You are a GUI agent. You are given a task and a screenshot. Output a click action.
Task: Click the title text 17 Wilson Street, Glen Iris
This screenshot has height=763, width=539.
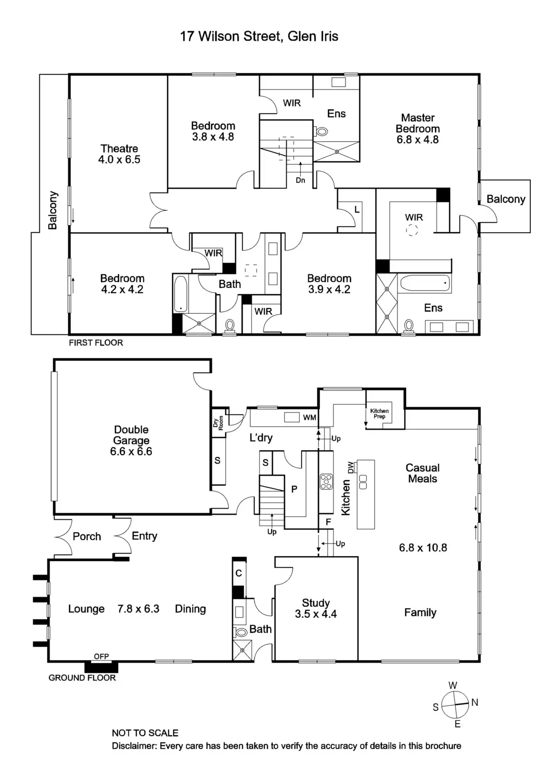[x=259, y=36]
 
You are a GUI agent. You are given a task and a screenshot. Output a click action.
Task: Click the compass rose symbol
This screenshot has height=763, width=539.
[x=455, y=705]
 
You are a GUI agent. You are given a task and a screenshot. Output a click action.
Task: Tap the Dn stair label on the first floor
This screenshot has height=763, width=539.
[x=300, y=180]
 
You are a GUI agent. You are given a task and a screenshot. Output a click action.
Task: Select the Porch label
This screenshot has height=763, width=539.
[x=87, y=536]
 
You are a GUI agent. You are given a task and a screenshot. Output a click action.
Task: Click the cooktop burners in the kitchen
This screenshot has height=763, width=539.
[x=326, y=481]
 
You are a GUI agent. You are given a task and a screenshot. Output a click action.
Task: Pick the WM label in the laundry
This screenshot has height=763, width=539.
[x=309, y=418]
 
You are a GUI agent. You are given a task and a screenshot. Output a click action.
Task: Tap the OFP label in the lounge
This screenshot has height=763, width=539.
[x=101, y=657]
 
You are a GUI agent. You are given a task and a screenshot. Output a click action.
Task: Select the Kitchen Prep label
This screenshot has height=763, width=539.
[x=379, y=413]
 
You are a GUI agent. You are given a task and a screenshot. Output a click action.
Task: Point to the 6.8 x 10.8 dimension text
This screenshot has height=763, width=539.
[x=423, y=548]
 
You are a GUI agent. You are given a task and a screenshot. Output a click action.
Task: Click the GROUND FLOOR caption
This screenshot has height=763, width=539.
[x=82, y=678]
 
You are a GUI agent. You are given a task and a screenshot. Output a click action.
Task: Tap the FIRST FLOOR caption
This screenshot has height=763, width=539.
[x=96, y=343]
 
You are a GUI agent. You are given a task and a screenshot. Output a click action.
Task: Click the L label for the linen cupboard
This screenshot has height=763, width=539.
[x=356, y=210]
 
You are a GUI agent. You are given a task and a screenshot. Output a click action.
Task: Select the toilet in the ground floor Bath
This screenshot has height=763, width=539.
[x=242, y=632]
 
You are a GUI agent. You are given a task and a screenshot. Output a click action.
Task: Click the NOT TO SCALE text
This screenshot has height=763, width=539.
[x=145, y=733]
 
